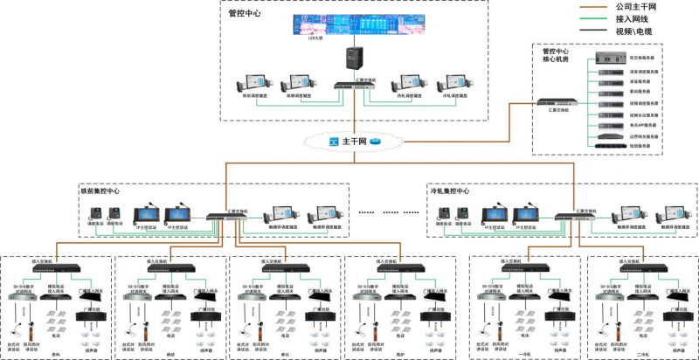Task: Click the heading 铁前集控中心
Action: tap(100, 190)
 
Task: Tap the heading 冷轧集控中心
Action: tap(451, 190)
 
